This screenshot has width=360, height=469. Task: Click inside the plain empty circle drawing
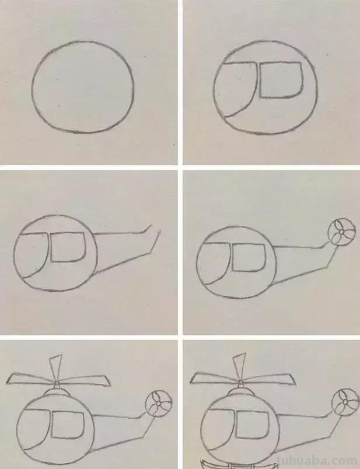click(83, 86)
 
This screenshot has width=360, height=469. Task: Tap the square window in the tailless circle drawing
click(282, 80)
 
